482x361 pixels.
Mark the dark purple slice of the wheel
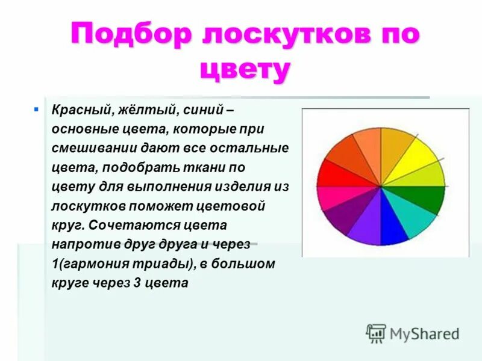[346, 217]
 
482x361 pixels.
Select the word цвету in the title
[244, 70]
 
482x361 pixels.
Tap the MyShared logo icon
[376, 333]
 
